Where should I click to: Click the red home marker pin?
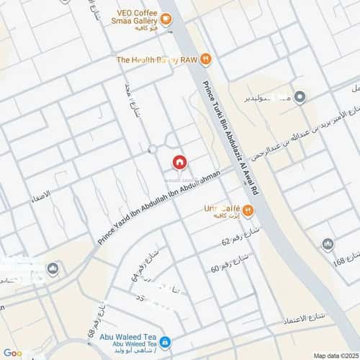pos(179,162)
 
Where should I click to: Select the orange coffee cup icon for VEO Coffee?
pos(167,20)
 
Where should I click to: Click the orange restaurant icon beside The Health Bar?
pos(205,59)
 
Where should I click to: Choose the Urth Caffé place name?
pos(221,207)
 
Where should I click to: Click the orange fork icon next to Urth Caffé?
pos(248,210)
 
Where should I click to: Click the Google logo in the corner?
pos(13,353)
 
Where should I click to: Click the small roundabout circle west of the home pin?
pos(152,149)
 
